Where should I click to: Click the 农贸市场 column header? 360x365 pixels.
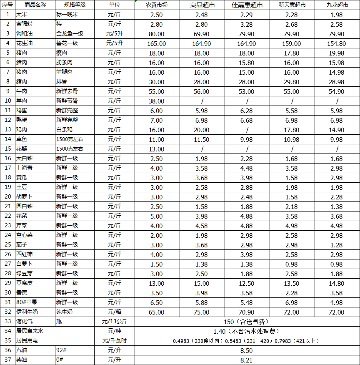(157, 5)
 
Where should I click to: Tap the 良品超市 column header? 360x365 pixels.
(202, 5)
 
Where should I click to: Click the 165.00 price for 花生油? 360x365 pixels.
(157, 43)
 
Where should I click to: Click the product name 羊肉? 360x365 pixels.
(22, 101)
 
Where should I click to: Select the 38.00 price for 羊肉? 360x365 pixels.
(157, 101)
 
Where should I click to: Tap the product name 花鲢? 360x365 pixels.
(22, 149)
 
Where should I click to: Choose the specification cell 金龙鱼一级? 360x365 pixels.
(70, 34)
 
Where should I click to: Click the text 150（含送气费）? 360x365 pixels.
(246, 322)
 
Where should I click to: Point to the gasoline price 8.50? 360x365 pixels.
(246, 350)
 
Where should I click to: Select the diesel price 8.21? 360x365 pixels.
(246, 360)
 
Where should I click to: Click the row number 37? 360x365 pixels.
(7, 360)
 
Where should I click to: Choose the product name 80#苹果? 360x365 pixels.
(26, 302)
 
